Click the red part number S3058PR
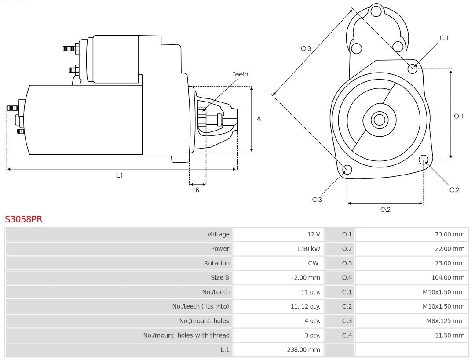[24, 219]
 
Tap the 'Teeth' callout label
[240, 74]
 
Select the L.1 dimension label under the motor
[119, 175]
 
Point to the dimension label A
[259, 119]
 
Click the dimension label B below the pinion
[197, 190]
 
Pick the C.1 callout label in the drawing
[444, 38]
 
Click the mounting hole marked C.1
[413, 69]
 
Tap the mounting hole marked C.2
[424, 159]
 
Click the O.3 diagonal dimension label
[306, 48]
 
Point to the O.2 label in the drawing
[385, 210]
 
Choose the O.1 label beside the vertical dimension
[458, 116]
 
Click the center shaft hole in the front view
[379, 120]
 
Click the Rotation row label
[216, 263]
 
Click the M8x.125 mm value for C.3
[445, 321]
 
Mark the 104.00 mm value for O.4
[448, 277]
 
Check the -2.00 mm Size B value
[306, 278]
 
